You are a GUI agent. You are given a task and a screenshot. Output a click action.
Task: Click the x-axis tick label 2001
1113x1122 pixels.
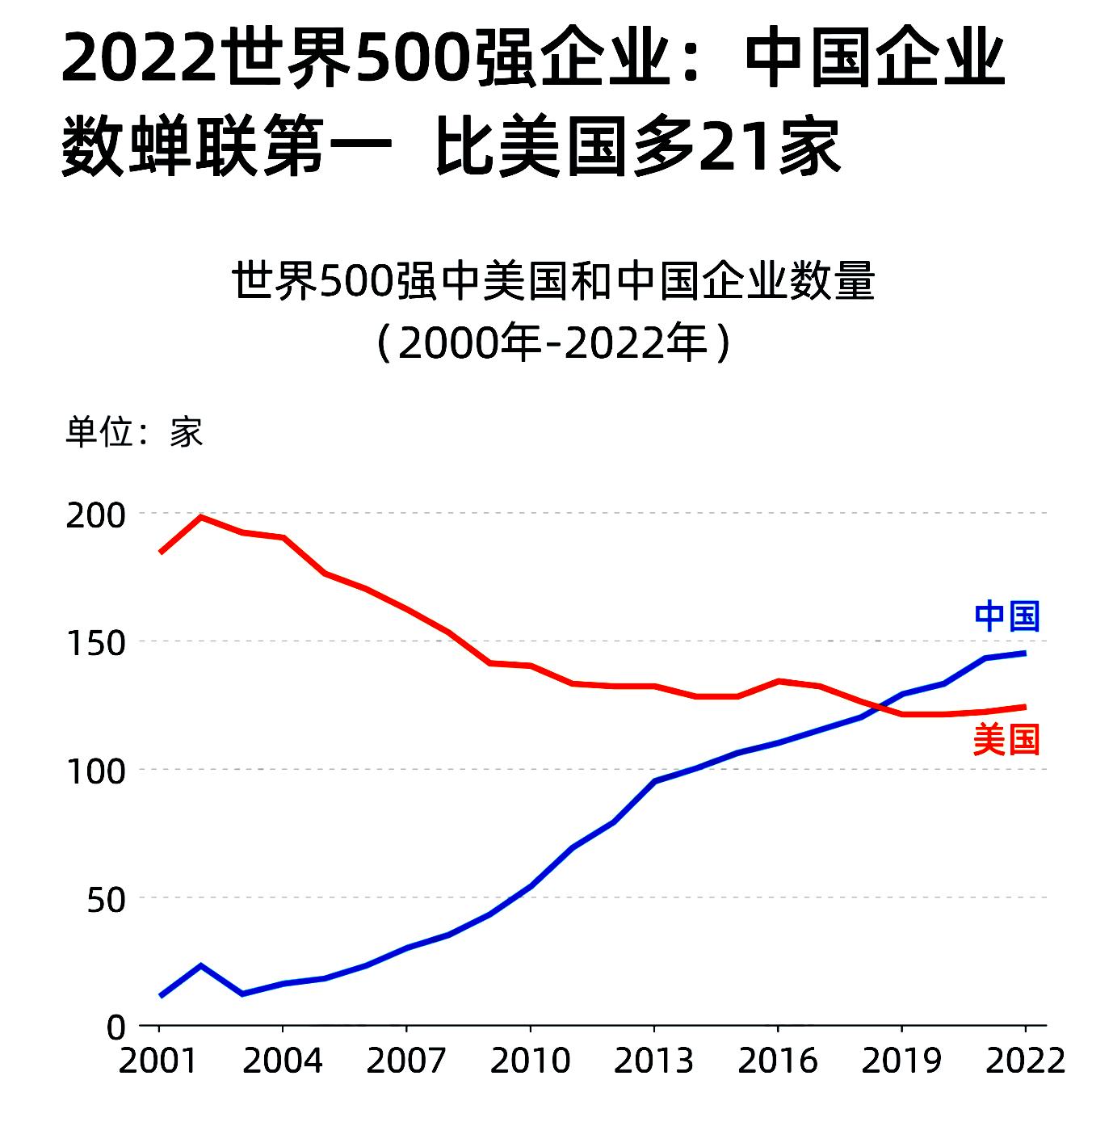tap(158, 1061)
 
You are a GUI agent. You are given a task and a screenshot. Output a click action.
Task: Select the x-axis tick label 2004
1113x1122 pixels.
tap(282, 1061)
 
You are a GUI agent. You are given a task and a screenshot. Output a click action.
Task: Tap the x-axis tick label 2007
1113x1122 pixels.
tap(405, 1061)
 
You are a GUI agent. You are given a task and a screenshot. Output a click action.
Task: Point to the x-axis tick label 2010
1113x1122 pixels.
tap(530, 1061)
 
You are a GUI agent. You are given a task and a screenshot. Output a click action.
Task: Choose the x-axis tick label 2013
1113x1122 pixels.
tap(653, 1061)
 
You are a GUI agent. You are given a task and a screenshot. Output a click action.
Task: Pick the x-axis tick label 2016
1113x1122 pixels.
tap(777, 1061)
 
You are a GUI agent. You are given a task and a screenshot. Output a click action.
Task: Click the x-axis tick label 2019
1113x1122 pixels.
tap(901, 1061)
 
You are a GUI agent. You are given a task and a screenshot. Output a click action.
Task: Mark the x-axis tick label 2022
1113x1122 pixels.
tap(1025, 1061)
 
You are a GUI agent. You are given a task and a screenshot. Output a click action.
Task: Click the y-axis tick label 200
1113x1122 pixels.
tap(96, 515)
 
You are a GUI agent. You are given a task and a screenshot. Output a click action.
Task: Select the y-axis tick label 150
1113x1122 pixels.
tap(96, 643)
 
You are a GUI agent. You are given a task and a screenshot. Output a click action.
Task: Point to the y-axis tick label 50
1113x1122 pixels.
tap(107, 899)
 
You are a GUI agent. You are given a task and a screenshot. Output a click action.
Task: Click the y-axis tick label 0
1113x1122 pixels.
tap(117, 1027)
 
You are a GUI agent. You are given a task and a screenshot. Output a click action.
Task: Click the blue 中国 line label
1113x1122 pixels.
tap(1006, 616)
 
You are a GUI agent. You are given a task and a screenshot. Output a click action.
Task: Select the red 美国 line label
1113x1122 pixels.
tap(1006, 739)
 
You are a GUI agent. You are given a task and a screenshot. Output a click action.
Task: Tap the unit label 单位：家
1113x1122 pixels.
tap(134, 432)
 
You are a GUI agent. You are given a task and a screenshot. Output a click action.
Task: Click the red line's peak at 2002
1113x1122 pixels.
tap(200, 517)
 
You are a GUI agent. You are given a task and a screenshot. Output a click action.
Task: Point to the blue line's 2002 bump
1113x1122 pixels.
tap(200, 965)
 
